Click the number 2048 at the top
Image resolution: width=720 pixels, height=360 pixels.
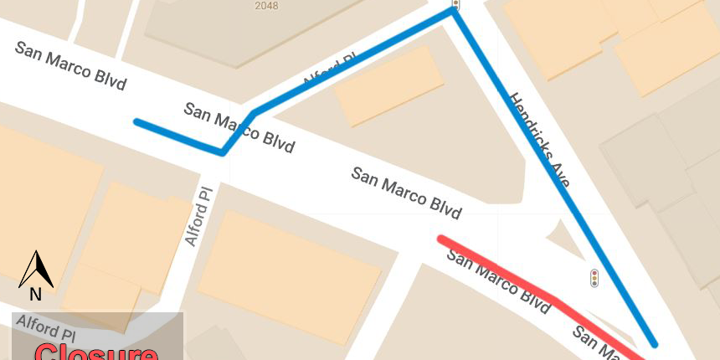click(267, 5)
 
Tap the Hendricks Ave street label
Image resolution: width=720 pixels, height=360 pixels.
click(539, 139)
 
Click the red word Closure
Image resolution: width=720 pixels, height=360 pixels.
click(95, 352)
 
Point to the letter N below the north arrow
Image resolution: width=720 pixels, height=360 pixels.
click(35, 294)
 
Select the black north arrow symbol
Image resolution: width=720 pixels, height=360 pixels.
click(36, 269)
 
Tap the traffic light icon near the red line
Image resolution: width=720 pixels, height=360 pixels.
click(594, 278)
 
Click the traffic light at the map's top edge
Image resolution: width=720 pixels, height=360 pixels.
click(455, 4)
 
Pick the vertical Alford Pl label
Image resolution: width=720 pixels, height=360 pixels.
click(199, 216)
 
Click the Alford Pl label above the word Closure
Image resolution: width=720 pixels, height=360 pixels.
click(49, 328)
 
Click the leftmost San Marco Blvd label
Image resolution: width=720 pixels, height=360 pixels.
click(70, 65)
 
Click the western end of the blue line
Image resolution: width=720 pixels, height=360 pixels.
click(136, 122)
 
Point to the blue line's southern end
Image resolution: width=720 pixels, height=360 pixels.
click(655, 343)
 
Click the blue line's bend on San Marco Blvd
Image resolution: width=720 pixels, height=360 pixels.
click(223, 152)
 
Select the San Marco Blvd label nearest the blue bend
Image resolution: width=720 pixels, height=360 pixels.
click(239, 127)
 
